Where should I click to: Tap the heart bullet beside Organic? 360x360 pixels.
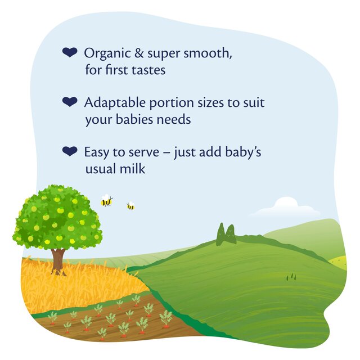pos(69,53)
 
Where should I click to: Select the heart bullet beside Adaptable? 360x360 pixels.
pos(69,102)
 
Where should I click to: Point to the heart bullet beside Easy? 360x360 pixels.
pos(69,151)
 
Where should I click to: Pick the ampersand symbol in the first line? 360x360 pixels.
pos(136,54)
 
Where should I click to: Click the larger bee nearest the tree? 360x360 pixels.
pos(106,201)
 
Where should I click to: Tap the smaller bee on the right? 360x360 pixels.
pos(130,206)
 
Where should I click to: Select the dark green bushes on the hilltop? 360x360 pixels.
pos(226,235)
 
